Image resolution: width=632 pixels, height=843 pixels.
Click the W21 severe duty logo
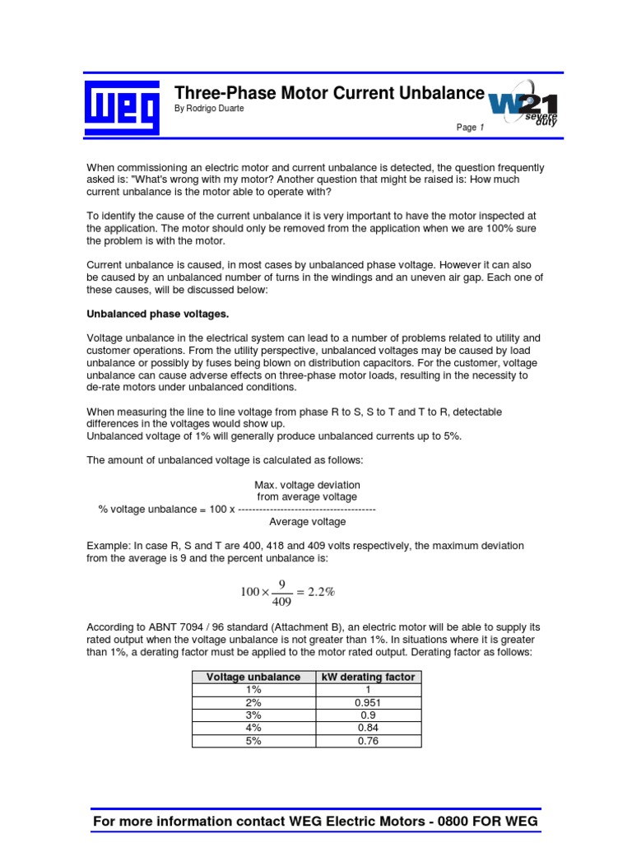pos(523,107)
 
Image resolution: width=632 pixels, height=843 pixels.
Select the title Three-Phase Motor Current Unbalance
pos(329,94)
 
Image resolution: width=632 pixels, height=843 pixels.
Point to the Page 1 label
pos(471,128)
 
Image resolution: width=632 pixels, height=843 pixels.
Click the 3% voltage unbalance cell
pos(253,715)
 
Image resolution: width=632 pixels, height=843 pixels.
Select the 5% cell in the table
pos(253,741)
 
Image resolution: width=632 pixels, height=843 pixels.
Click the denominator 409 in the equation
pos(281,601)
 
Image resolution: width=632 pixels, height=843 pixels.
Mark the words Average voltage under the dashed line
pos(307,521)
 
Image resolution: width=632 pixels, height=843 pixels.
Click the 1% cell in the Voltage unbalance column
pos(253,690)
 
